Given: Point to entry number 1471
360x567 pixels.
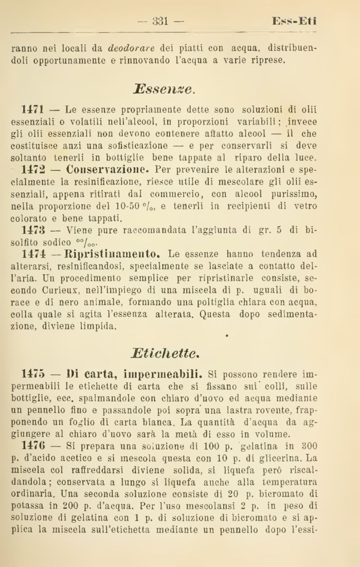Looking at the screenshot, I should coord(34,110).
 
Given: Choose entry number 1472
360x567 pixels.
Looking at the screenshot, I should coord(34,169).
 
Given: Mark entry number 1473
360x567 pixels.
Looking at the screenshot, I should coord(34,229).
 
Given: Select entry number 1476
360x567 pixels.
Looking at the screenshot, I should coord(34,444).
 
